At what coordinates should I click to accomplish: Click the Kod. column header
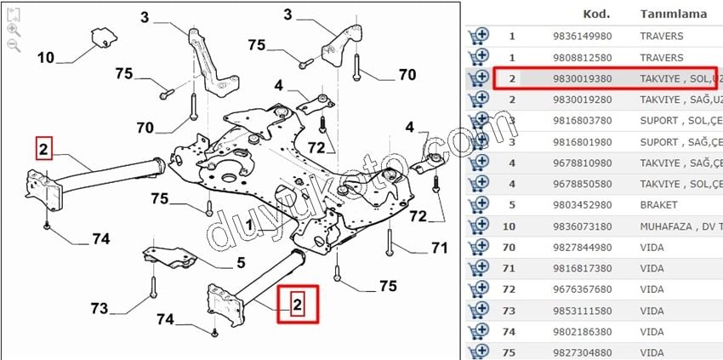click(595, 14)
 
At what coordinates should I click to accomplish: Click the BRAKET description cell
click(658, 205)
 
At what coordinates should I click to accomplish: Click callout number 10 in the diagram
click(46, 58)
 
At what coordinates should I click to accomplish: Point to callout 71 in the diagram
click(439, 249)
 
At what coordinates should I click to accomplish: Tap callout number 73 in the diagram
click(100, 306)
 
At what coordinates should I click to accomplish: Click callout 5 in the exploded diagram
click(241, 263)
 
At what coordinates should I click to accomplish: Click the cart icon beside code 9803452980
click(478, 205)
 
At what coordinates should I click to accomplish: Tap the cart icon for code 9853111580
click(478, 311)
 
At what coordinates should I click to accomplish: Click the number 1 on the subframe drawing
click(248, 225)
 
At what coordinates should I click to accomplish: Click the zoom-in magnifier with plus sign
click(13, 28)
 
